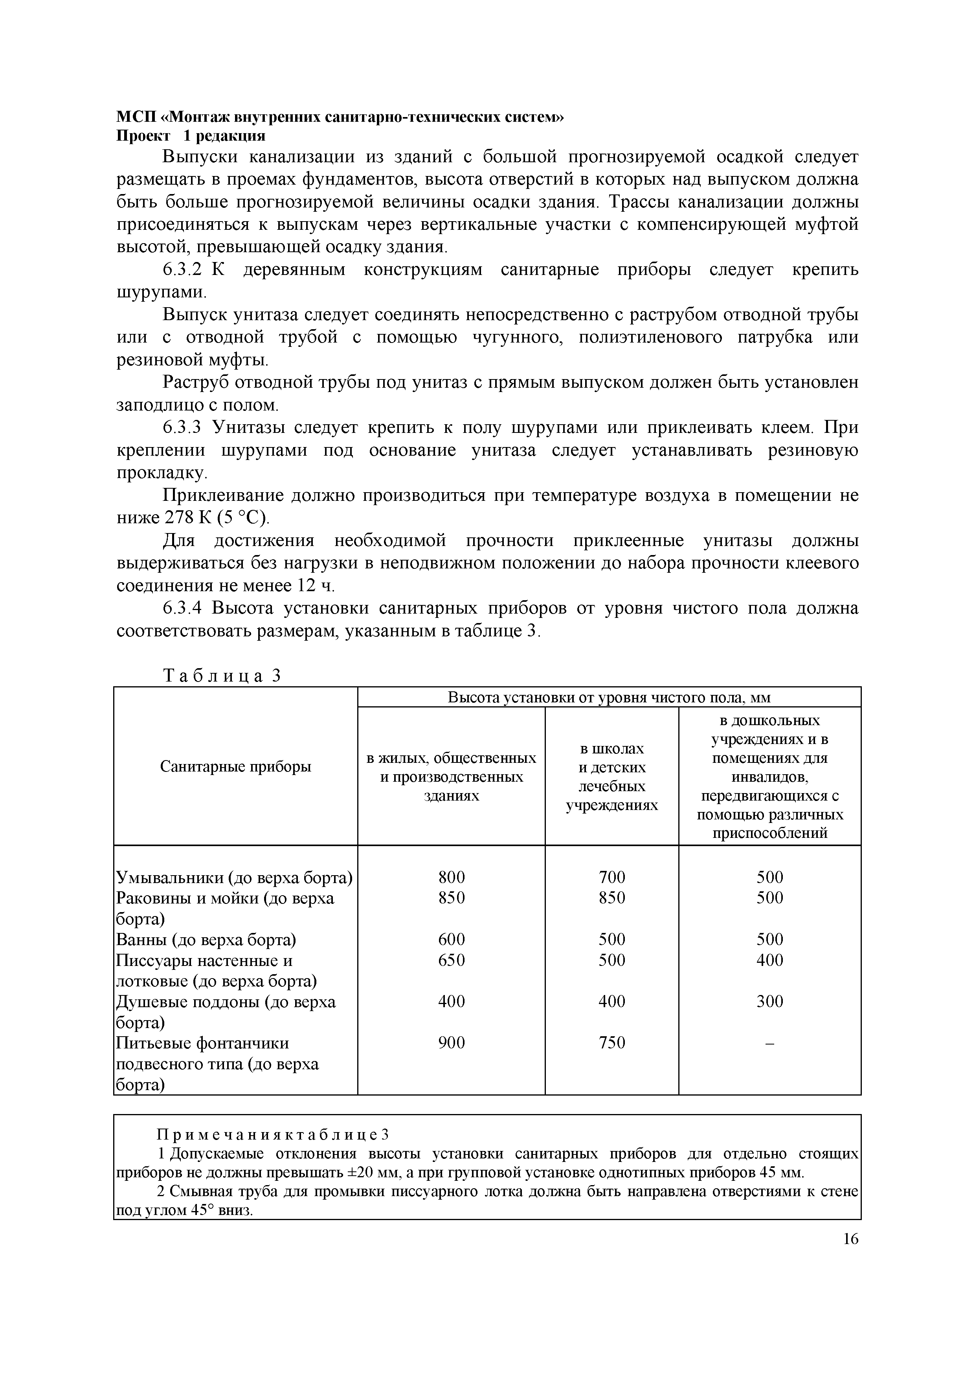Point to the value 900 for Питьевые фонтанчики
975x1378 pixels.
coord(452,1043)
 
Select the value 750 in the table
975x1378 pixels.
coord(612,1043)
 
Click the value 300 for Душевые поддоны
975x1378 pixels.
coord(770,1001)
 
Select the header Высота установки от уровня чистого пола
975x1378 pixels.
coord(609,697)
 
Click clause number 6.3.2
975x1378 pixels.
coord(185,270)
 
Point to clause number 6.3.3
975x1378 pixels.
coord(185,428)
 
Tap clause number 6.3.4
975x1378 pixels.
coord(185,608)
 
